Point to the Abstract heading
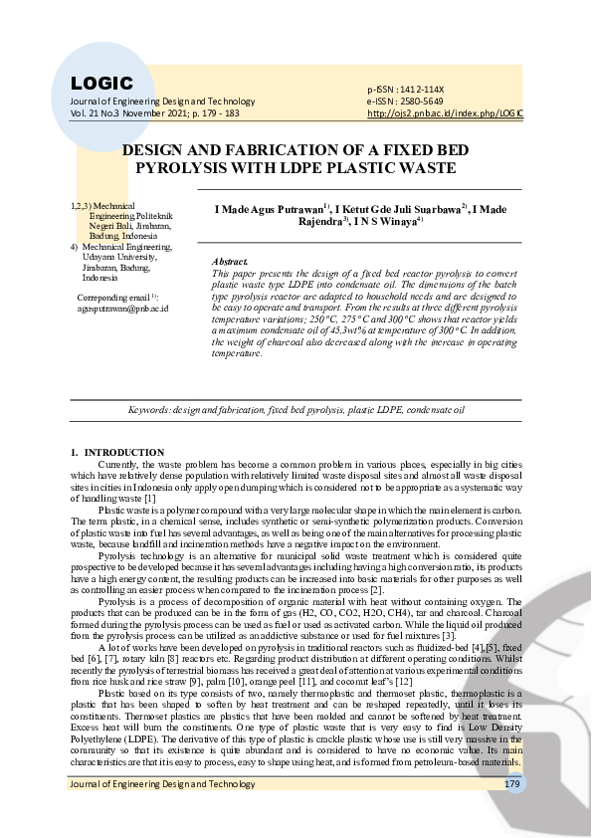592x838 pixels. (x=230, y=261)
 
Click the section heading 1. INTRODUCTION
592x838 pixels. (x=117, y=453)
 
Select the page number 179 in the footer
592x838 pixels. (x=512, y=785)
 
